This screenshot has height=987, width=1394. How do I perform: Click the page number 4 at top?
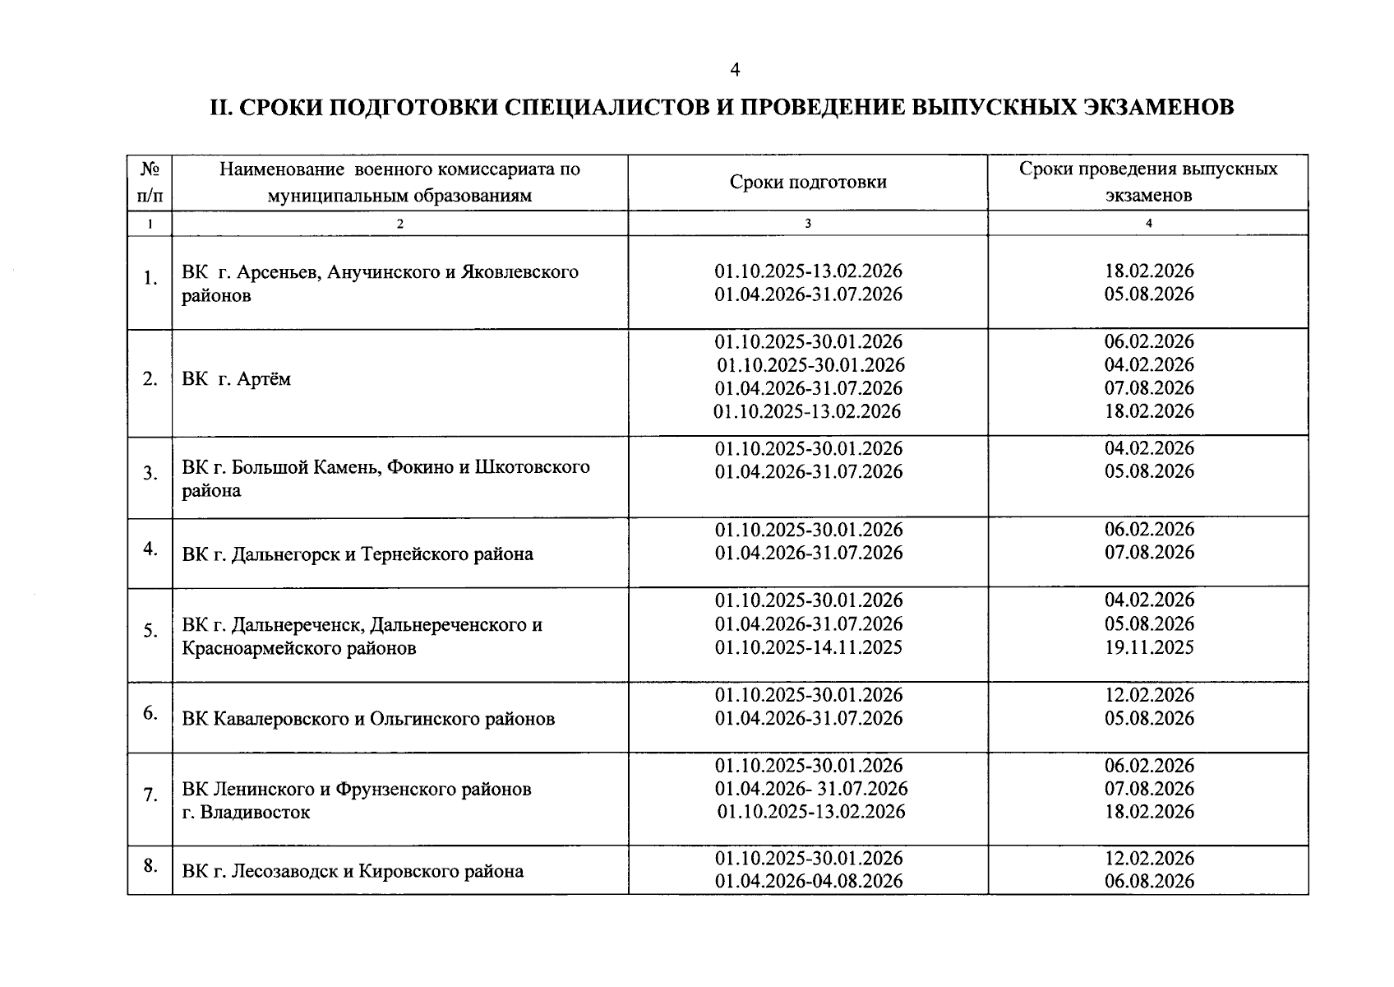[x=735, y=71]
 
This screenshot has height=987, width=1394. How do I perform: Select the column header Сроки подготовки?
[x=807, y=182]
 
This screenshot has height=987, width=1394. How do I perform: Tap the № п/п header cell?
[x=150, y=182]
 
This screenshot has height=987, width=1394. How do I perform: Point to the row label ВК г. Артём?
[x=236, y=379]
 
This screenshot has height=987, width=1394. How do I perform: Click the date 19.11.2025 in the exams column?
[x=1148, y=647]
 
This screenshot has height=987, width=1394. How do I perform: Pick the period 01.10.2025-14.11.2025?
[x=808, y=647]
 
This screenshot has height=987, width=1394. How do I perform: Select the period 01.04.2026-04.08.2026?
[x=808, y=882]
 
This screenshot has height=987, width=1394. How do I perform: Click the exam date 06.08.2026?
[x=1148, y=882]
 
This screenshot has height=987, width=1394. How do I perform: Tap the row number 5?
[x=150, y=631]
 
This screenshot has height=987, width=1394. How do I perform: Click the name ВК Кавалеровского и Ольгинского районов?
[x=368, y=719]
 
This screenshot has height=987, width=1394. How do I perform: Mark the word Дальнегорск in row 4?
[x=285, y=554]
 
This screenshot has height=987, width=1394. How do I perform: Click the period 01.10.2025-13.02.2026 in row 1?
[x=808, y=271]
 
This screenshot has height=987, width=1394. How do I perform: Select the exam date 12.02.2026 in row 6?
[x=1148, y=695]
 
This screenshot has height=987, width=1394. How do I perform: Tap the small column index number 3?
[x=807, y=223]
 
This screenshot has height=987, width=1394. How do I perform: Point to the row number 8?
[x=150, y=864]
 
